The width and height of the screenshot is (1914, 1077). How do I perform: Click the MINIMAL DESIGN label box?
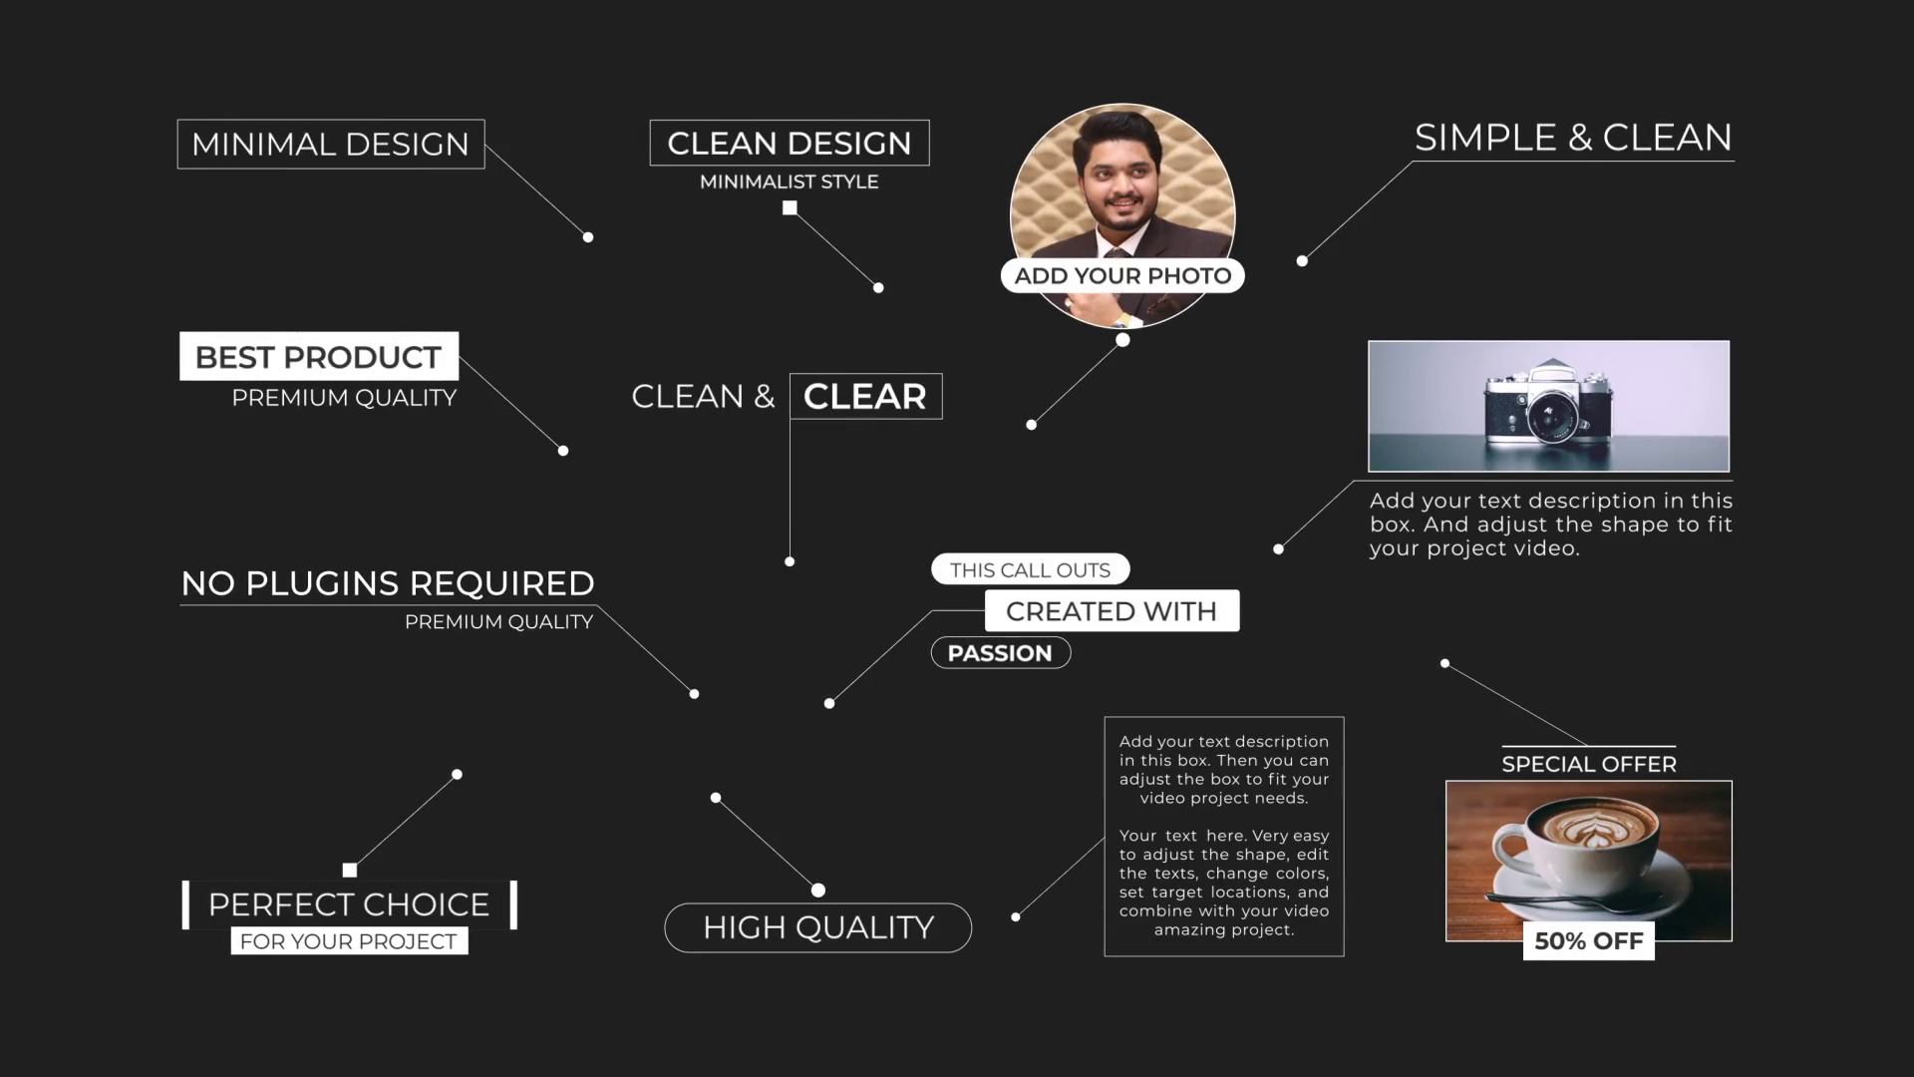[x=331, y=145]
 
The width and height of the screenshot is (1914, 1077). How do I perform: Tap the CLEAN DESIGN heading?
[x=789, y=143]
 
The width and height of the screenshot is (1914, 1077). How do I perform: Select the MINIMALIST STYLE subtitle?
[x=789, y=181]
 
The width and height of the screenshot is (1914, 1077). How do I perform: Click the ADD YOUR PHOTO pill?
[x=1122, y=276]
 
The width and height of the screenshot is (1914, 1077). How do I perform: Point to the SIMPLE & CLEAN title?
[x=1573, y=138]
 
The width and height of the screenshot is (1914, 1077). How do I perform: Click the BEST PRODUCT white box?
[x=319, y=357]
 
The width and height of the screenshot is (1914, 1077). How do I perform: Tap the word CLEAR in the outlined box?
[x=865, y=396]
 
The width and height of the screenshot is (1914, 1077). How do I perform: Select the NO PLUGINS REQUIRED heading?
[x=388, y=583]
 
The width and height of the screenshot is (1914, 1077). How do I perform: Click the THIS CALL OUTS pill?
[x=1030, y=569]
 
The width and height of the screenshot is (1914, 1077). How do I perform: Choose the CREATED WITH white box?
[x=1112, y=610]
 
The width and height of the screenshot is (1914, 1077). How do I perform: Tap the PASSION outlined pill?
[x=1000, y=653]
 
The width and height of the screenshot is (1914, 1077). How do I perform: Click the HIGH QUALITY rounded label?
[x=818, y=927]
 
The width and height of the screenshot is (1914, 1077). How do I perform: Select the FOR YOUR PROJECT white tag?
[x=349, y=941]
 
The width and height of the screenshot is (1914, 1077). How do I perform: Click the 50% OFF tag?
[x=1589, y=941]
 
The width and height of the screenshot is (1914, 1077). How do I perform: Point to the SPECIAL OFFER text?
[x=1589, y=764]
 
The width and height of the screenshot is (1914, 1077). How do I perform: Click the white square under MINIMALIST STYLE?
[x=790, y=207]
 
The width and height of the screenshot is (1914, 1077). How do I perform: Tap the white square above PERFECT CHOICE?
[x=350, y=870]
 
